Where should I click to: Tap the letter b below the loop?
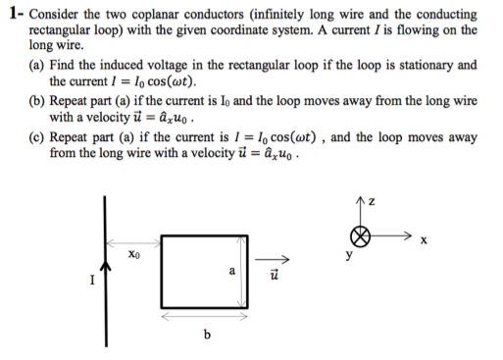click(206, 338)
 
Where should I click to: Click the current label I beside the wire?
click(91, 283)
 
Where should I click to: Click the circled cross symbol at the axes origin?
click(361, 236)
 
